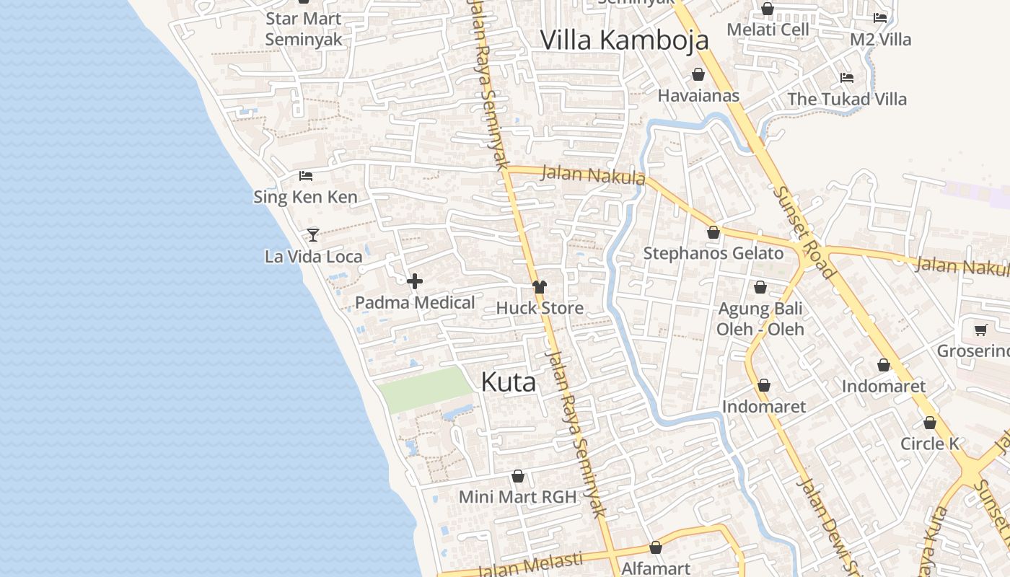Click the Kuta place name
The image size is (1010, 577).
pyautogui.click(x=508, y=382)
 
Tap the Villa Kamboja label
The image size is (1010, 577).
pyautogui.click(x=624, y=40)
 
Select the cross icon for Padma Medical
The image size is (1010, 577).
pyautogui.click(x=415, y=281)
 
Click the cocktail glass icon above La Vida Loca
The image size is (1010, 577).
pyautogui.click(x=312, y=234)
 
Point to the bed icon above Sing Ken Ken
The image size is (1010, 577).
pyautogui.click(x=306, y=175)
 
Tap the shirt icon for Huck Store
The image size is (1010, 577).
pyautogui.click(x=540, y=287)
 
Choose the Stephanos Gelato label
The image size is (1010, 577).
pyautogui.click(x=713, y=253)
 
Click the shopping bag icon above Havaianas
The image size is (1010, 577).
pyautogui.click(x=698, y=74)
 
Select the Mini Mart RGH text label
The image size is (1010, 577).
pyautogui.click(x=517, y=497)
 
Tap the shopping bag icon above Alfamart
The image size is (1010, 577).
pyautogui.click(x=655, y=548)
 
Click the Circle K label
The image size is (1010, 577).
pyautogui.click(x=929, y=444)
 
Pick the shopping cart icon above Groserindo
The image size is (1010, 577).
pyautogui.click(x=980, y=330)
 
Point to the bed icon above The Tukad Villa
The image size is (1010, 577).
pyautogui.click(x=847, y=78)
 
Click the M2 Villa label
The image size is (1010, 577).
pyautogui.click(x=880, y=40)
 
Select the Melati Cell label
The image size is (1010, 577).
pyautogui.click(x=768, y=30)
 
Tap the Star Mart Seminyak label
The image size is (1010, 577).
pyautogui.click(x=303, y=29)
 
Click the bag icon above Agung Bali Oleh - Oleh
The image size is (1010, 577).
pyautogui.click(x=760, y=288)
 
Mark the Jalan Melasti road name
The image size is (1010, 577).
pyautogui.click(x=530, y=565)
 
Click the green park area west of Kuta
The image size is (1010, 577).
pyautogui.click(x=423, y=389)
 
